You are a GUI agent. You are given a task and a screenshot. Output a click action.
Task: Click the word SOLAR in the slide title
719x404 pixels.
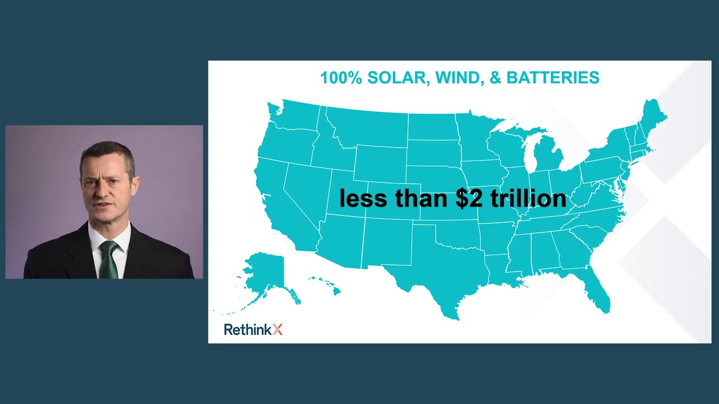399,77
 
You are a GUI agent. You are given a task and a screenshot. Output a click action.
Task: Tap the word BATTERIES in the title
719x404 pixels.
553,77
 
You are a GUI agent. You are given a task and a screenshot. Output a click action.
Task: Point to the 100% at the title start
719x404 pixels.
341,77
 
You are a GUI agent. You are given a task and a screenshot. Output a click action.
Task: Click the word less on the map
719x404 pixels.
363,198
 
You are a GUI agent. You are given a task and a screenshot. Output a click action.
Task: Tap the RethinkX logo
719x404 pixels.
253,329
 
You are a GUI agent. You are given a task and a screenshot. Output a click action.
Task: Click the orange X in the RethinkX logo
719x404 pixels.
277,329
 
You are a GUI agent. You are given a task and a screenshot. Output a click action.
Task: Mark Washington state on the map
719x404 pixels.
295,115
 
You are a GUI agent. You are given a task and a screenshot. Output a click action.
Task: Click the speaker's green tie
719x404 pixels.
109,260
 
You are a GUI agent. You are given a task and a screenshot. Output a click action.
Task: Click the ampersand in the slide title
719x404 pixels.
495,77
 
